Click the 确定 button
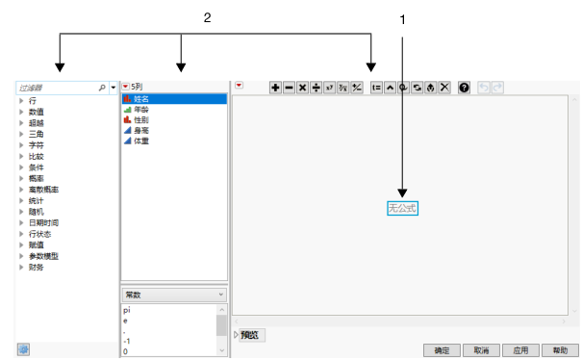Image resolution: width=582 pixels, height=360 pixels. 442,350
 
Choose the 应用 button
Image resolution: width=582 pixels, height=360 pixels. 520,350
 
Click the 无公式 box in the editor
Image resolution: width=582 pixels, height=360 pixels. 403,207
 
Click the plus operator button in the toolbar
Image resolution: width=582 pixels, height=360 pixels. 275,88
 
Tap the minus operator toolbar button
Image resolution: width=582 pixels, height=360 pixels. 289,88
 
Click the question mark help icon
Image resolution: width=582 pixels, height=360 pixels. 464,88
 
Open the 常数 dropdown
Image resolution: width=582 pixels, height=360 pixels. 174,295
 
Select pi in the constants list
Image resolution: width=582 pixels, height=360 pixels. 128,311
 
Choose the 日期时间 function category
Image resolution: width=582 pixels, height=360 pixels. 44,221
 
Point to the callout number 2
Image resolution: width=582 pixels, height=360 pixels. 207,17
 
